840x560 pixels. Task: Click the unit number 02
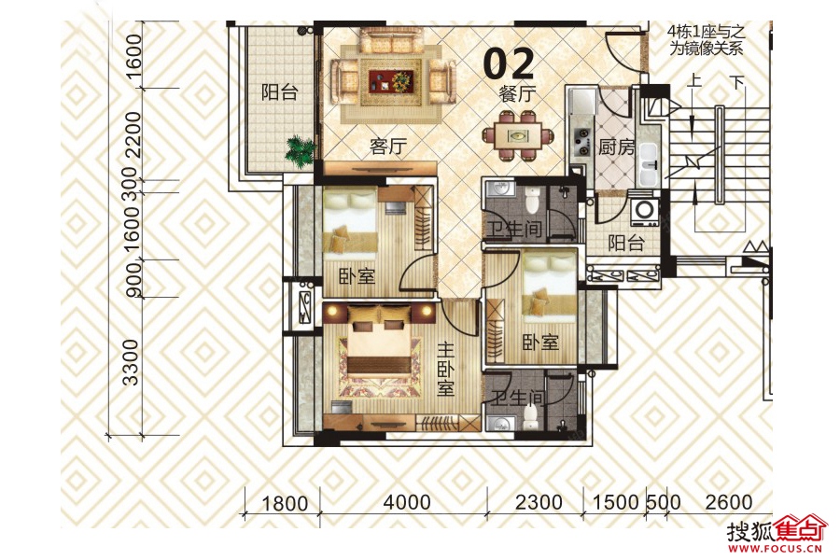[x=509, y=63]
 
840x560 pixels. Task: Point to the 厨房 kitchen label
[x=615, y=147]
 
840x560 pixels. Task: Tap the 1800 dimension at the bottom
[x=284, y=503]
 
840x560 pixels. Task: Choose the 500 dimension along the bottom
[x=663, y=503]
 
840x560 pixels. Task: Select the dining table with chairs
[x=516, y=135]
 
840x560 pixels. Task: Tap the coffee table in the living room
[x=390, y=79]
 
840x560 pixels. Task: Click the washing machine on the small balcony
[x=643, y=210]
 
